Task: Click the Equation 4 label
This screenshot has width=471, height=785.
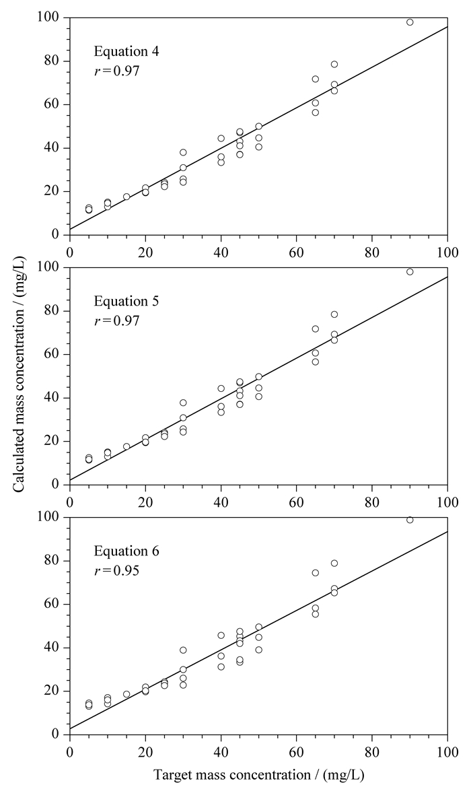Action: (x=126, y=52)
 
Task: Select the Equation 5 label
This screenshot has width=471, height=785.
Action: (x=126, y=301)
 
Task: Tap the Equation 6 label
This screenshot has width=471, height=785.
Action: (x=126, y=551)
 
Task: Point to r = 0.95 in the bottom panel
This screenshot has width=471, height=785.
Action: (x=116, y=571)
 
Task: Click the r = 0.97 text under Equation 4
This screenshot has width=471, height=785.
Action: (x=116, y=71)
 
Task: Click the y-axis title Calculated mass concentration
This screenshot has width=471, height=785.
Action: (x=19, y=376)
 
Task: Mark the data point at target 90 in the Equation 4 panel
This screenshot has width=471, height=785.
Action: (x=410, y=22)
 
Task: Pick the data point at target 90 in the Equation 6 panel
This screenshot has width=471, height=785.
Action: (x=410, y=520)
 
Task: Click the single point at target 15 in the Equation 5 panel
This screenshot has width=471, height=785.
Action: (x=126, y=446)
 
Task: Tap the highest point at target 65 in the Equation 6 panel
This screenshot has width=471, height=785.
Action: (x=316, y=573)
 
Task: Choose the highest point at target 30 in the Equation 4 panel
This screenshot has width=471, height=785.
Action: (x=183, y=152)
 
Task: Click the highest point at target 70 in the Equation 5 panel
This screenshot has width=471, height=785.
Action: (x=334, y=314)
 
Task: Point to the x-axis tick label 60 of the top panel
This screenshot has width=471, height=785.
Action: (x=296, y=252)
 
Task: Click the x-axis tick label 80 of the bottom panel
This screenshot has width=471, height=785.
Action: (x=372, y=752)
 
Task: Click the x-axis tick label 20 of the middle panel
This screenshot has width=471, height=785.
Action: (x=145, y=502)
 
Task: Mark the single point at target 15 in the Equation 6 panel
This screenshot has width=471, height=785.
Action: (x=126, y=694)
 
